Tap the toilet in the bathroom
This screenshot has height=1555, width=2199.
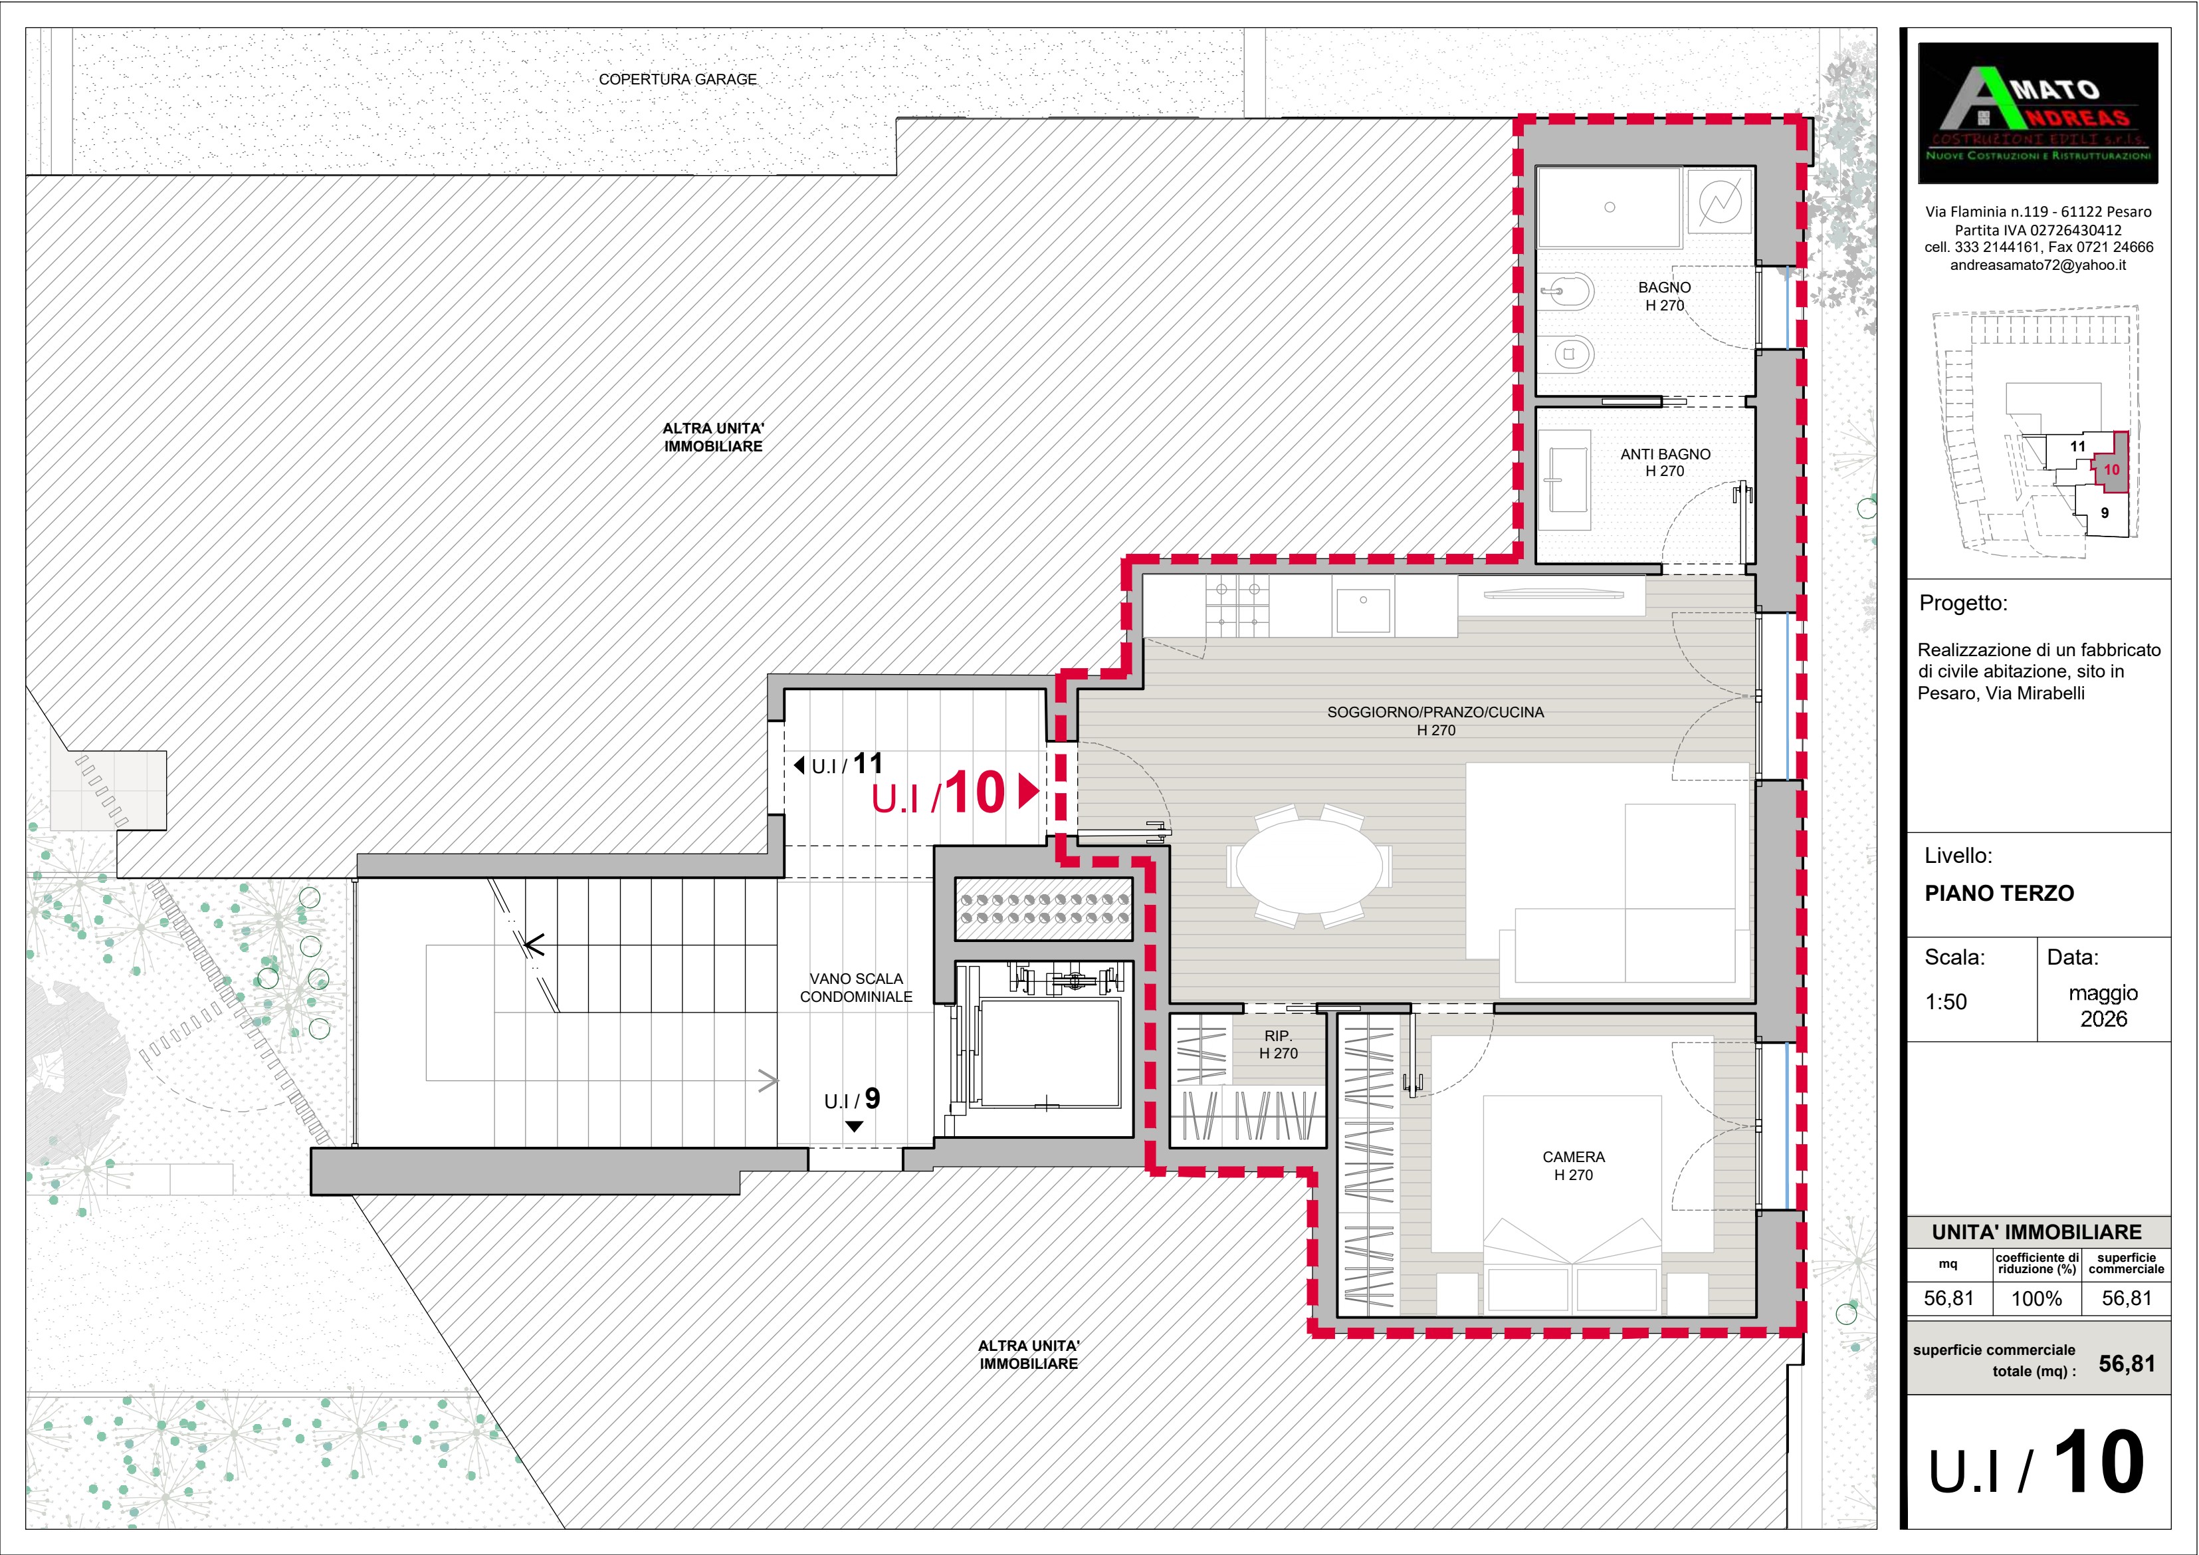1567,354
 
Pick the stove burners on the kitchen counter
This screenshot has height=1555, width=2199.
1237,606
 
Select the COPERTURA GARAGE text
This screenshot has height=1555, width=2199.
677,80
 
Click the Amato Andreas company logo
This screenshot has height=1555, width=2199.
2038,113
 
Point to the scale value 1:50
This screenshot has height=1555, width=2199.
1946,1002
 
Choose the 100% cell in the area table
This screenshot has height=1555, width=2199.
2036,1298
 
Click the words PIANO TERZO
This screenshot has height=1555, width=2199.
2000,893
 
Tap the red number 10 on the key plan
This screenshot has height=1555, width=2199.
2111,469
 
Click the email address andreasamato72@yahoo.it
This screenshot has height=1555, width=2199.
2038,265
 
